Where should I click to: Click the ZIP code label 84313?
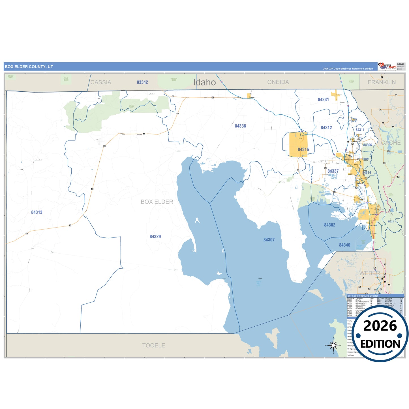[x=37, y=212]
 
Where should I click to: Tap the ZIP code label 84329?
[x=155, y=236]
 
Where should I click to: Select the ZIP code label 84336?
[x=240, y=126]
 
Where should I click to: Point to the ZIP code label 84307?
[x=269, y=240]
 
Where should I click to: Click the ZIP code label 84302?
[x=329, y=225]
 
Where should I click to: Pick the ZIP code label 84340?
[x=344, y=245]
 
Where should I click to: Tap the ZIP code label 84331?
[x=323, y=100]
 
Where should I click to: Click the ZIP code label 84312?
[x=326, y=128]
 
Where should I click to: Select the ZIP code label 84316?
[x=303, y=149]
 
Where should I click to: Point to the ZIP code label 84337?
[x=333, y=171]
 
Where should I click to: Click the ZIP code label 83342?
[x=142, y=82]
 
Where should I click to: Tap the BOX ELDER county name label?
[x=157, y=202]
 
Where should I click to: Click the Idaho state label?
[x=204, y=82]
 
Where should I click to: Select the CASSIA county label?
[x=101, y=82]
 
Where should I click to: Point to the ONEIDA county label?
[x=278, y=82]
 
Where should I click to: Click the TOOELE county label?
[x=153, y=345]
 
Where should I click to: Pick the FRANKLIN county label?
[x=382, y=82]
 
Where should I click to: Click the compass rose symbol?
[x=333, y=345]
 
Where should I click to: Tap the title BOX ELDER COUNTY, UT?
[x=29, y=67]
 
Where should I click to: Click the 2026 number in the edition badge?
[x=380, y=326]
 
